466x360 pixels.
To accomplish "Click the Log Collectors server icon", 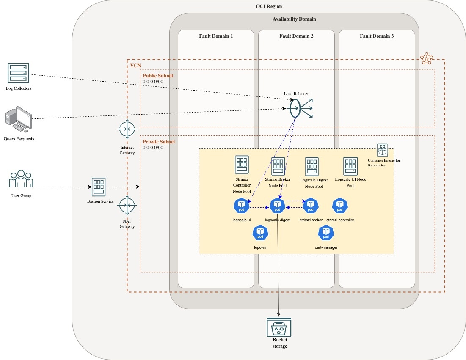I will coord(18,73).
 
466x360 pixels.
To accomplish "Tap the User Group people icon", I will coord(21,180).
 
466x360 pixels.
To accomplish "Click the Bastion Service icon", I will coord(99,187).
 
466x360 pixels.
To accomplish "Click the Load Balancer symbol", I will coord(301,108).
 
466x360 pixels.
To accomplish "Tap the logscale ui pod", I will coord(241,206).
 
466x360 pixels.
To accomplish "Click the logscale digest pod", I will coord(277,206).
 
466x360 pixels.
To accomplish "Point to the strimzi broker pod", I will coord(311,206).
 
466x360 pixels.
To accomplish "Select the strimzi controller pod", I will coord(340,206).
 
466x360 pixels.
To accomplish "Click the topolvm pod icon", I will coord(260,233).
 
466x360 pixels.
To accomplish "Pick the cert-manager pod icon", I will coord(326,233).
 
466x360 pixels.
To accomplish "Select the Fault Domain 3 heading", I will coord(377,36).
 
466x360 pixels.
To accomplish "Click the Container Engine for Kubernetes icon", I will coord(383,149).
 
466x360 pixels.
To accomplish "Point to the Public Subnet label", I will coord(158,76).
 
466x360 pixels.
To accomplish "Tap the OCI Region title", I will coord(269,6).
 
